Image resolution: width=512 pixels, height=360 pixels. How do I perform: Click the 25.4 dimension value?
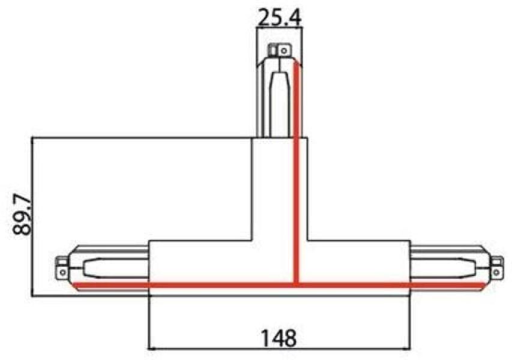[x=280, y=19]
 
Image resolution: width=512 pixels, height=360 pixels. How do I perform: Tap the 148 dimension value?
[x=280, y=338]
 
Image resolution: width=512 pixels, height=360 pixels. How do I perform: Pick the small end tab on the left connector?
[x=61, y=268]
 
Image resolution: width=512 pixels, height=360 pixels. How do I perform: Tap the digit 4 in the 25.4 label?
[x=295, y=19]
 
